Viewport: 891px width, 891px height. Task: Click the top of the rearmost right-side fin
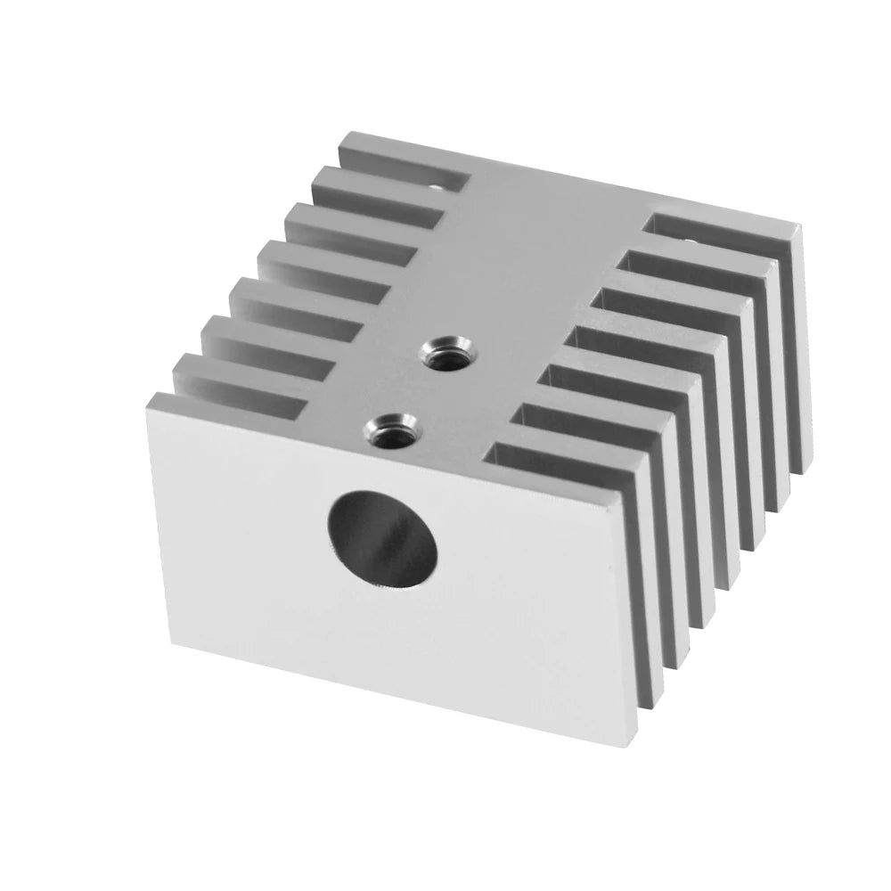coord(722,220)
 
